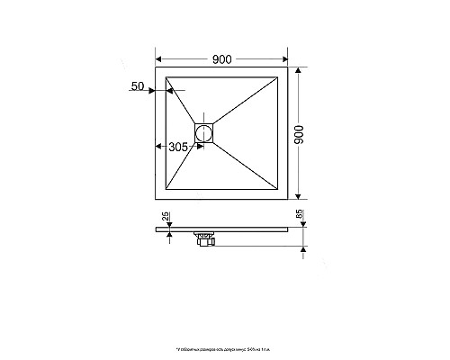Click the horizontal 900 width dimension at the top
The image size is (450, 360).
pyautogui.click(x=222, y=59)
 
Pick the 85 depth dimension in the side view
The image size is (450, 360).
pyautogui.click(x=300, y=217)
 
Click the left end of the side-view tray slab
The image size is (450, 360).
pyautogui.click(x=157, y=229)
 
